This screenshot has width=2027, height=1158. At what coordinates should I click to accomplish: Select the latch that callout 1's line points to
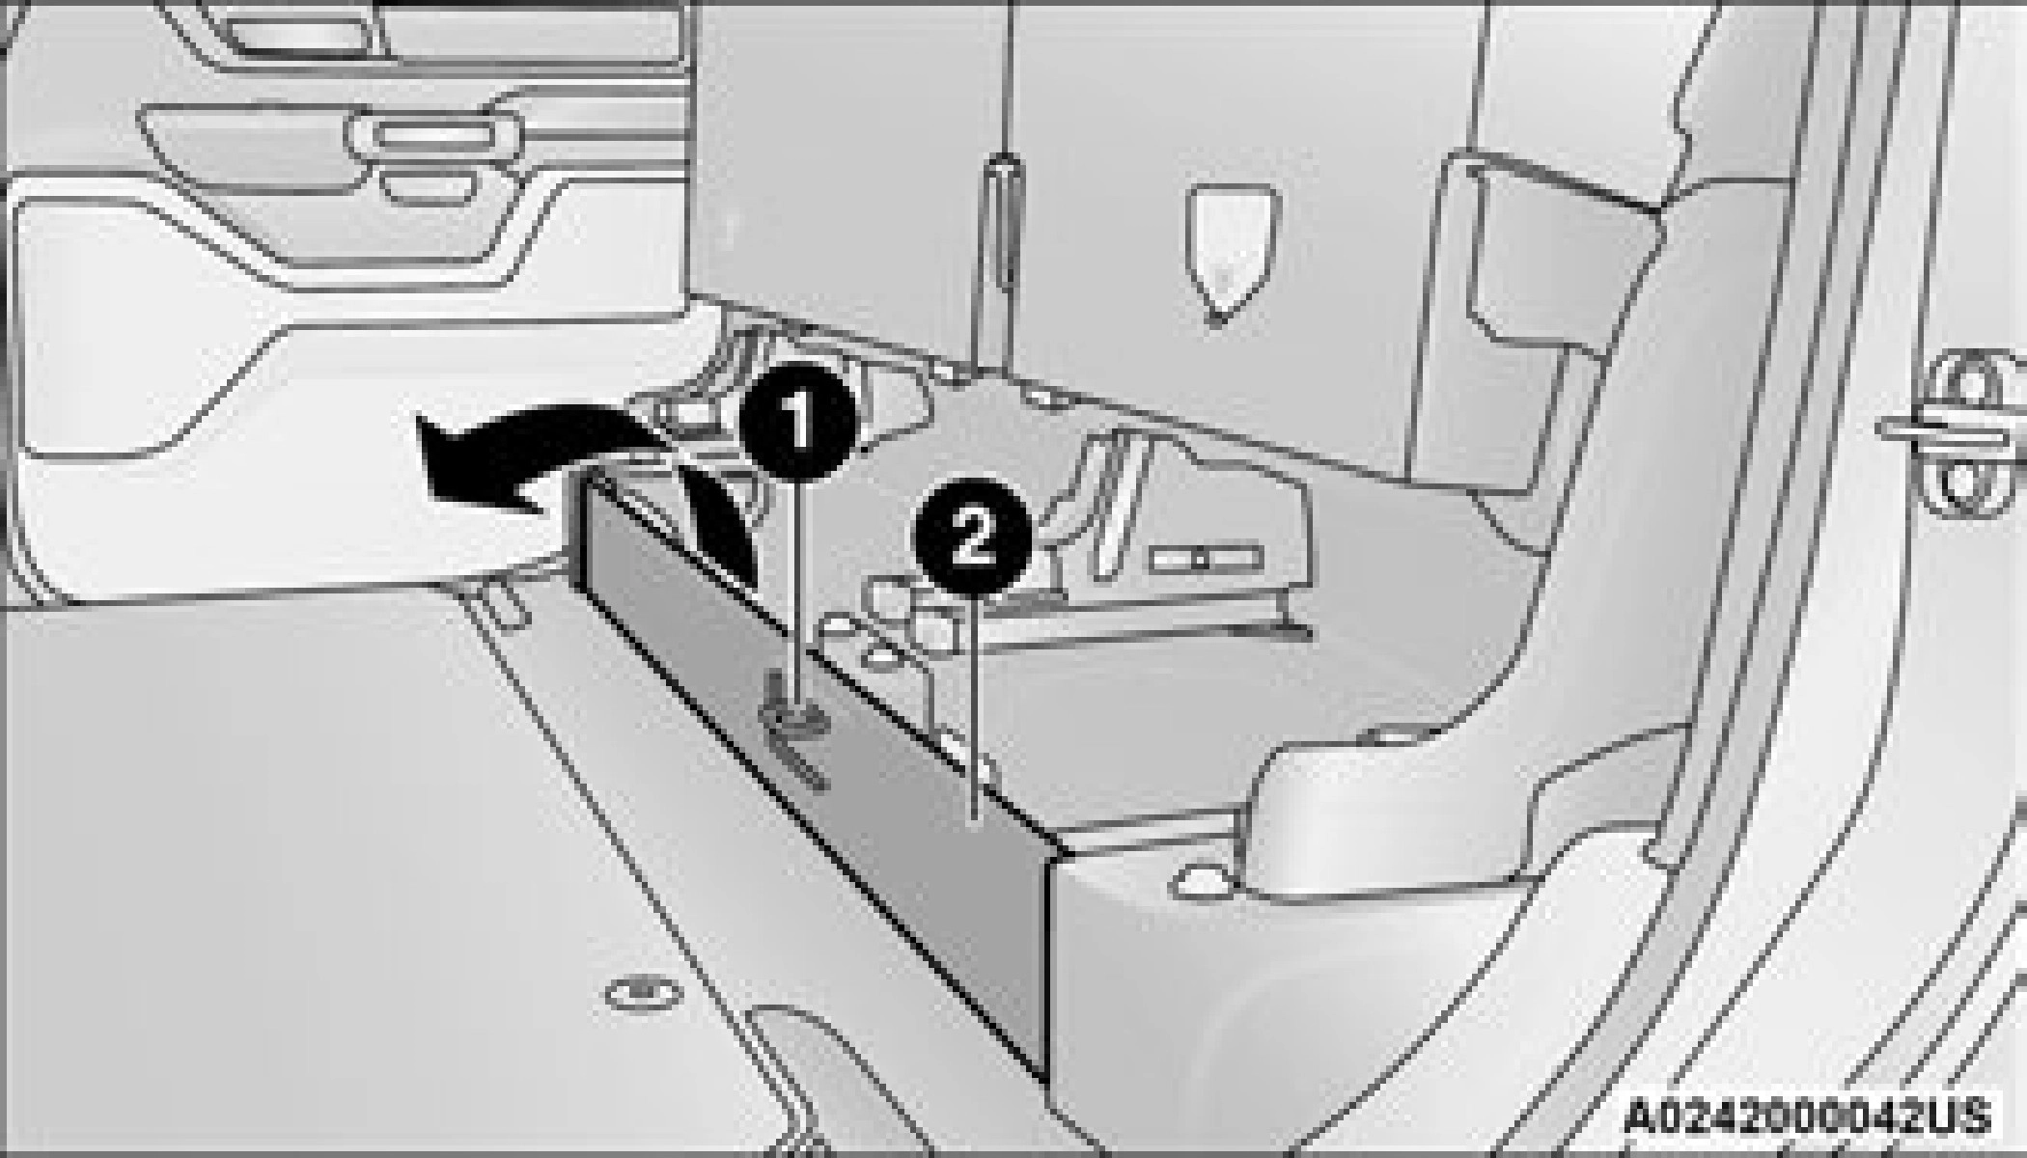[793, 733]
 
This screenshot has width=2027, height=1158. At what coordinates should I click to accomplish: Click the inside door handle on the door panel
[433, 135]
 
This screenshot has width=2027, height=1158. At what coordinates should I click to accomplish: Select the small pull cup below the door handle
[429, 184]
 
